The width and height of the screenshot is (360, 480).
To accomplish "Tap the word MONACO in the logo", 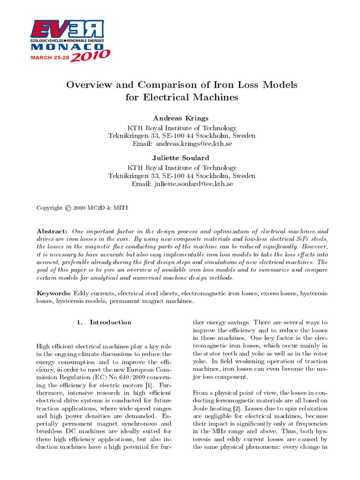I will (67, 47).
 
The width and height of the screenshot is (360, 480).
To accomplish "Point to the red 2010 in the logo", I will (91, 56).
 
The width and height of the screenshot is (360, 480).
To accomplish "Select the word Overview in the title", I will (89, 85).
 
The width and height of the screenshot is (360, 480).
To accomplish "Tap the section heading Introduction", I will (110, 322).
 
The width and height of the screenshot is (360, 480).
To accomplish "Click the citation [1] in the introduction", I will (147, 385).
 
